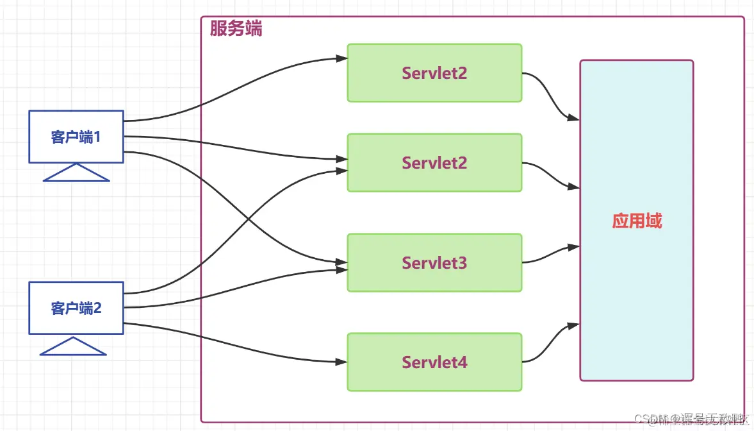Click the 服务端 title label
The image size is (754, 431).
(236, 29)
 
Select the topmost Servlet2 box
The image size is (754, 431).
(434, 72)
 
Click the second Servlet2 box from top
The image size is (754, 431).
(434, 162)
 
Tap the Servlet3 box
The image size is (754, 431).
(434, 262)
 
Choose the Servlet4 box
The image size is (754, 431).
(434, 362)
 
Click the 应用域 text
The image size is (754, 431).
(636, 221)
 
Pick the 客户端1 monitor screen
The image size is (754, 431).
(76, 136)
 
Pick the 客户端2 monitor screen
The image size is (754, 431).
(76, 308)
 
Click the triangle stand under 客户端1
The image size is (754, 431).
(76, 173)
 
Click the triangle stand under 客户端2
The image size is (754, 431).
(73, 347)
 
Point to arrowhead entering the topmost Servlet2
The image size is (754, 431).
(342, 58)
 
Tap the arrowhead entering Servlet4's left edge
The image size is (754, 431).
(342, 362)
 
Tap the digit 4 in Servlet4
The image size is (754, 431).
(463, 362)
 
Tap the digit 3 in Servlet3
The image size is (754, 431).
(463, 263)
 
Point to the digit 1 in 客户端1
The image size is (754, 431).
(97, 137)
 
